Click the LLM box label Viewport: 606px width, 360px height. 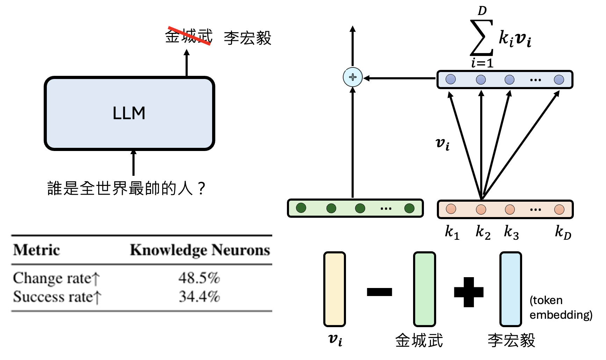pos(129,113)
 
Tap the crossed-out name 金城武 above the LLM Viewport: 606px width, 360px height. pos(189,36)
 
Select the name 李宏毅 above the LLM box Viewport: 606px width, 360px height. pos(247,38)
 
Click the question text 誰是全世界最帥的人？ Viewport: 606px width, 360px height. pos(126,188)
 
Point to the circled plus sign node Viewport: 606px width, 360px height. pos(353,77)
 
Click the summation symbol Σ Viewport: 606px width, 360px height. pos(482,38)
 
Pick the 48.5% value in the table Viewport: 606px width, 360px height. pos(199,278)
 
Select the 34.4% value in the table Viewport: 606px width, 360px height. pos(199,297)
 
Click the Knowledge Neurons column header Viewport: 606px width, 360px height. pos(200,250)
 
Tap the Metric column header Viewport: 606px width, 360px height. pos(37,250)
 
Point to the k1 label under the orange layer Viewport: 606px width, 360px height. pos(452,232)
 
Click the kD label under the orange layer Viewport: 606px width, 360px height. pos(563,232)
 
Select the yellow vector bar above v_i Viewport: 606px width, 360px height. pos(334,289)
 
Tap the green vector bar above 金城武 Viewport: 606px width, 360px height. pos(424,289)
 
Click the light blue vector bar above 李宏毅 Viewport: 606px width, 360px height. pos(511,289)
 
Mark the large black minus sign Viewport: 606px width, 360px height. pos(380,292)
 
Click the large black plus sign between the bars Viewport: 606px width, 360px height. pos(469,292)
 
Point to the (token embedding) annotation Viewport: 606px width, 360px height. pos(561,308)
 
